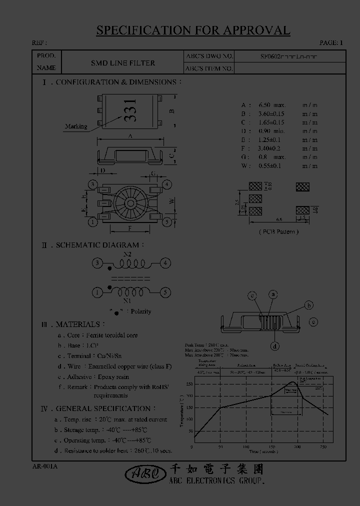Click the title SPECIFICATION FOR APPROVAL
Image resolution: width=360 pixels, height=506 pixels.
193,30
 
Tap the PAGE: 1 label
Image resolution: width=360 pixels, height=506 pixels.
331,43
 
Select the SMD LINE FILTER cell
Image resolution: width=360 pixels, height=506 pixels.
122,63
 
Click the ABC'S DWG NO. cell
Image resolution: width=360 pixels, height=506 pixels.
209,56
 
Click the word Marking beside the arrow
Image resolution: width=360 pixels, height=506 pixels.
76,126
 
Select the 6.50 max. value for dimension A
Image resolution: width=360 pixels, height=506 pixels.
271,105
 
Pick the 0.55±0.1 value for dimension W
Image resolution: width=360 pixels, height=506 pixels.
270,165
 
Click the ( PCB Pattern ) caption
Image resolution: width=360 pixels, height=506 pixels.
278,231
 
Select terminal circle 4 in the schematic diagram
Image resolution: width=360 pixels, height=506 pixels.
166,263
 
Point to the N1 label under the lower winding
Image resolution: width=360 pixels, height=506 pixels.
127,300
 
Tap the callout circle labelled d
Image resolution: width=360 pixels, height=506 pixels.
275,345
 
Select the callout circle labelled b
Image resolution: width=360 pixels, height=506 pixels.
309,305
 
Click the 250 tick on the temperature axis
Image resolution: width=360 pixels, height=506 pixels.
189,384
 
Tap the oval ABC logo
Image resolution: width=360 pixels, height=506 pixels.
143,473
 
